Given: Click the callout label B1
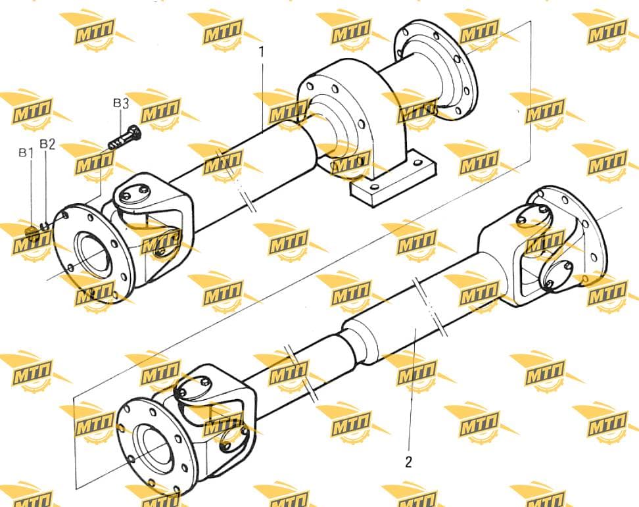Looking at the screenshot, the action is pyautogui.click(x=26, y=153).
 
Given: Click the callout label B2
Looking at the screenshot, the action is pyautogui.click(x=47, y=144).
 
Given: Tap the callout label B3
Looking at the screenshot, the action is pyautogui.click(x=121, y=103).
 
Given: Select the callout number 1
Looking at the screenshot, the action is pyautogui.click(x=262, y=52).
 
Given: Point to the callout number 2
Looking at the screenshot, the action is pyautogui.click(x=409, y=462).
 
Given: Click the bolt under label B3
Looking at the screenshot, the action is pyautogui.click(x=125, y=137).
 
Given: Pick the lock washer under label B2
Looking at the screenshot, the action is pyautogui.click(x=46, y=224).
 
